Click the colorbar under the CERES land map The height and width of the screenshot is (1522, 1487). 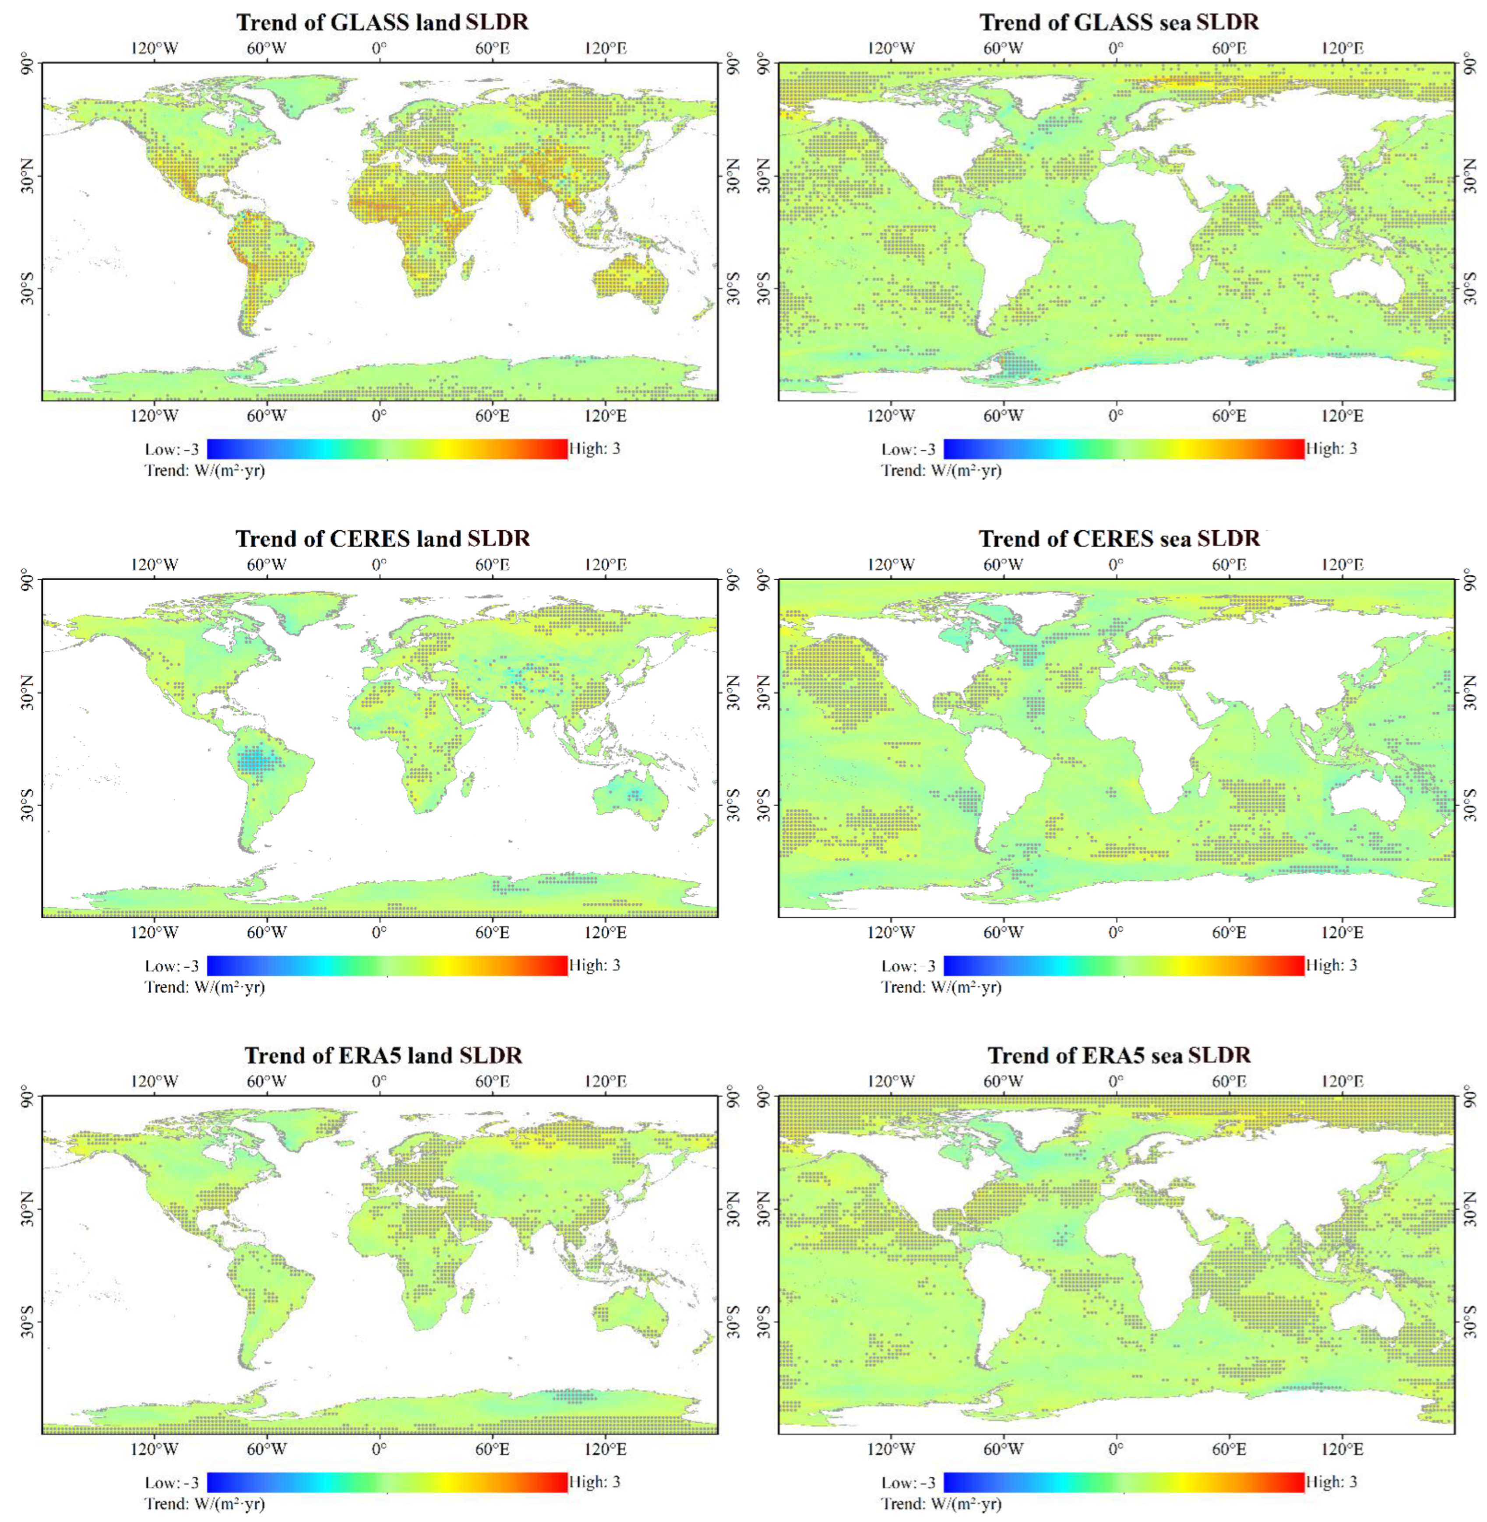[x=388, y=965]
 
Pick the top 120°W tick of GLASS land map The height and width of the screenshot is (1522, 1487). [x=155, y=49]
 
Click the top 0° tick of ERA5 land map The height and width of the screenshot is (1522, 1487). [x=380, y=1081]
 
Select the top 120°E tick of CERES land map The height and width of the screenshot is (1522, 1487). [x=605, y=564]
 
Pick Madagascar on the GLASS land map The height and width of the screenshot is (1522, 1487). [x=467, y=268]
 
